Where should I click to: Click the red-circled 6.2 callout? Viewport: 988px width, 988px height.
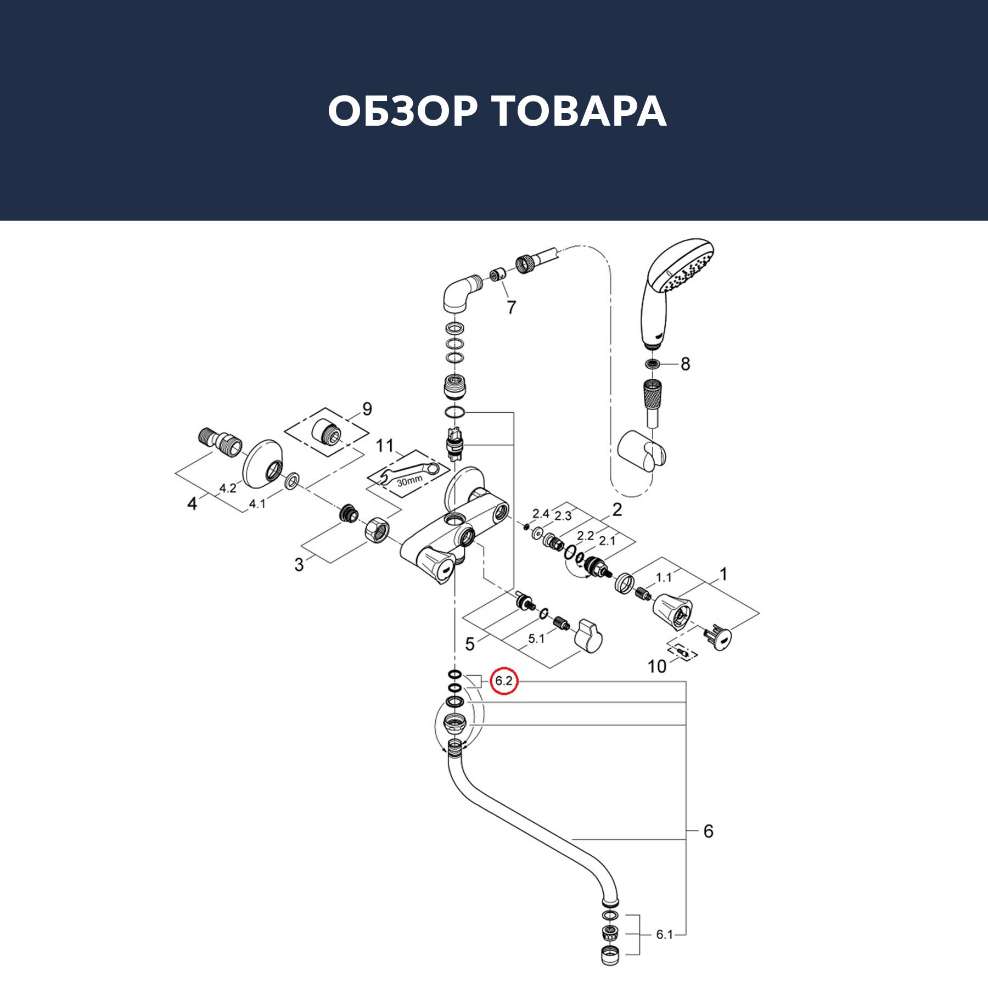coord(504,681)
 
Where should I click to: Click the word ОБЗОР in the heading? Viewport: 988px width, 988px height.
coord(402,111)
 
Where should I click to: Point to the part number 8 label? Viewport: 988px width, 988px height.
coord(685,364)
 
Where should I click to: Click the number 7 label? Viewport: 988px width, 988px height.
coord(512,307)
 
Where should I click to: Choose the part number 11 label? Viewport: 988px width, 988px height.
coord(385,445)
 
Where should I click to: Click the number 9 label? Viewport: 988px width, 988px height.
coord(367,408)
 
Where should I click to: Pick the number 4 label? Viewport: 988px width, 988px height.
coord(192,503)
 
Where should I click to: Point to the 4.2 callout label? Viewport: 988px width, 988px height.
coord(228,488)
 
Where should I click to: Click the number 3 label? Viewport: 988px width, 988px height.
coord(299,564)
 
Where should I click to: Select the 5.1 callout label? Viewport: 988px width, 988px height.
coord(536,639)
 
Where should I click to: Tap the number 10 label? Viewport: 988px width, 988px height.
coord(657,666)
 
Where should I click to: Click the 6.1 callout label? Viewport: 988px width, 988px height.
coord(664,934)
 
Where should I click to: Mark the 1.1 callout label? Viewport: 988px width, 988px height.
coord(664,577)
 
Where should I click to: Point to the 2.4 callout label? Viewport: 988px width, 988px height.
coord(541,514)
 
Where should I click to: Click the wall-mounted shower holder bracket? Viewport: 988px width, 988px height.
coord(642,451)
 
